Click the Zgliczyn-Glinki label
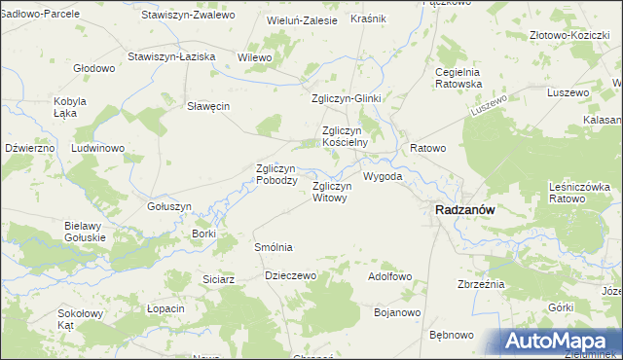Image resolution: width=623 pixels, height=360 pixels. [x=347, y=98]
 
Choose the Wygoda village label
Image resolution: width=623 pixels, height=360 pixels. [x=382, y=177]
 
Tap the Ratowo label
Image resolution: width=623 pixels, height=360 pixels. [x=427, y=148]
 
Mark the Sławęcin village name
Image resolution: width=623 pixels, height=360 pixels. [x=208, y=107]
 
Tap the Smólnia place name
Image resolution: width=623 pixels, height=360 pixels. [x=273, y=248]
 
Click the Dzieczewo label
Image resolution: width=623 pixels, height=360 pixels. [x=292, y=275]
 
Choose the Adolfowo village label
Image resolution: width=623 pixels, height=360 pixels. [x=389, y=276]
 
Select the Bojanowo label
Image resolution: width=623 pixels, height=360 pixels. [x=397, y=312]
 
